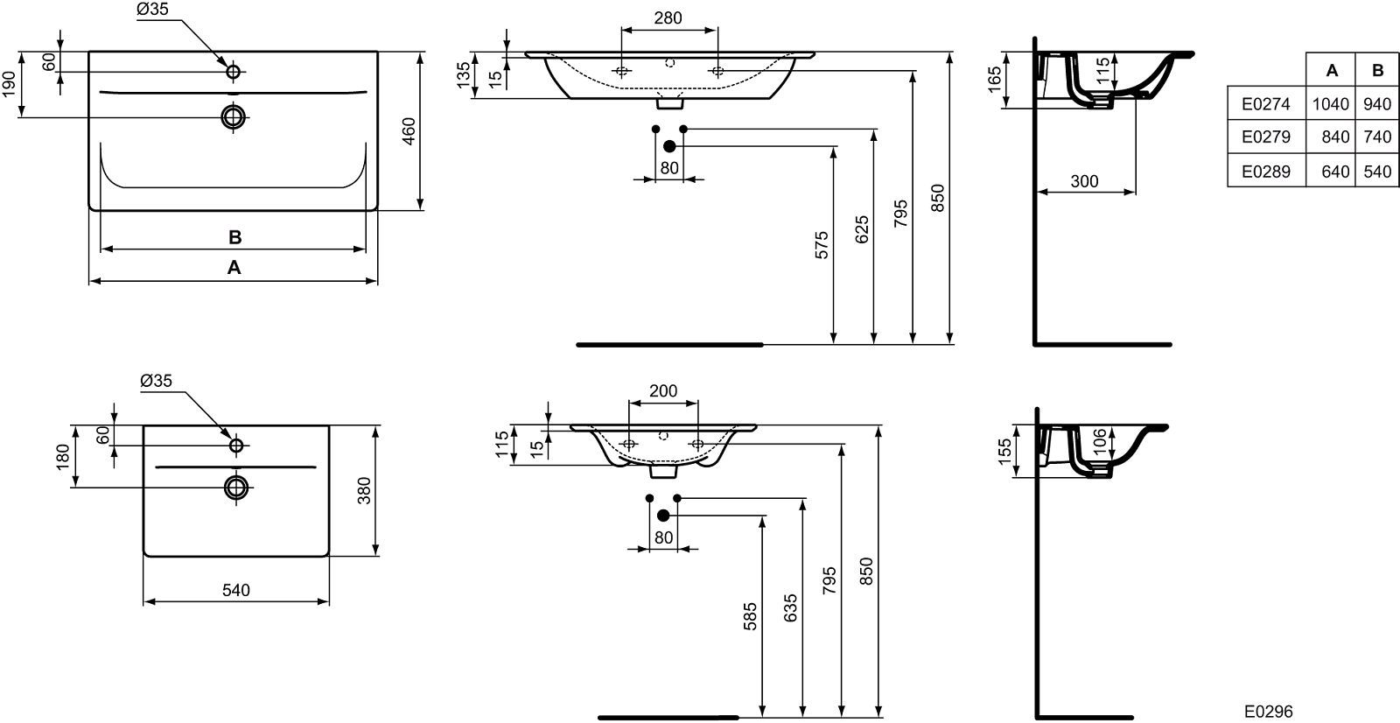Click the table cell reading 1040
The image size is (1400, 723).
1330,104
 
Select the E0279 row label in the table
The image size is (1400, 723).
1265,137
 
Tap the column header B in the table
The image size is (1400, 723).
1377,71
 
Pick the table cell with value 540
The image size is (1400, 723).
1377,172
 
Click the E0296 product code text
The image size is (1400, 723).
1268,712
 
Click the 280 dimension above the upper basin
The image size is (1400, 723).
668,18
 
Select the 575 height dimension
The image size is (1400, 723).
822,245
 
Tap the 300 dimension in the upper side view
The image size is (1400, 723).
1084,181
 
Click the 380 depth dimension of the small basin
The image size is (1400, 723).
364,491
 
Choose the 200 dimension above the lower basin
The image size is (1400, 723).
663,391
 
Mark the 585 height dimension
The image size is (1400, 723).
750,616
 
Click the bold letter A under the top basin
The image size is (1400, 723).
234,268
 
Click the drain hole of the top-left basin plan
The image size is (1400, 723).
234,117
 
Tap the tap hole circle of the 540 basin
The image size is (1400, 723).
236,446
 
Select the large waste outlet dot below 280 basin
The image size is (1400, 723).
669,146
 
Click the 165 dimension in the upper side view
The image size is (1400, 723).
994,80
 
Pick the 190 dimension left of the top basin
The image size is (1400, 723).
9,84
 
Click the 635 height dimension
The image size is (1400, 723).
790,608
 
